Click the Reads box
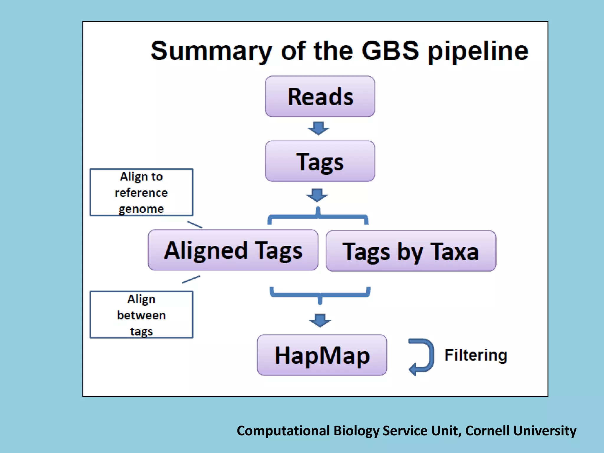coord(320,96)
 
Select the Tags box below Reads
coord(320,161)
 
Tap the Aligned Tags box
coord(233,250)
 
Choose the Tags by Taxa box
coord(411,251)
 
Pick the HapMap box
coord(322,355)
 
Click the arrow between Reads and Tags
coord(318,128)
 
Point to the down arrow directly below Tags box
coord(317,195)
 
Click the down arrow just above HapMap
coord(320,320)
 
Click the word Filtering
coord(476,355)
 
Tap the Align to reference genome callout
coord(141,192)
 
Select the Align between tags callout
coord(141,315)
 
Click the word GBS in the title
coord(390,51)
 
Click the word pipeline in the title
coord(478,51)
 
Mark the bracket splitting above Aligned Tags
coord(318,217)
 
